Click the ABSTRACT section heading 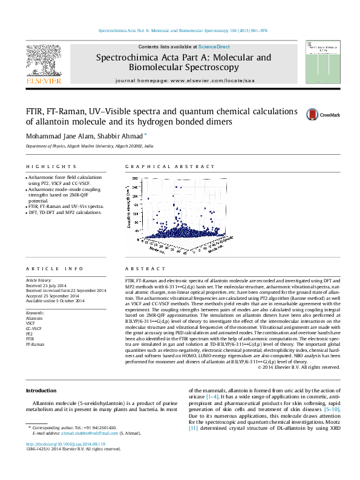pos(145,268)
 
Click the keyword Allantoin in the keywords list pos(34,317)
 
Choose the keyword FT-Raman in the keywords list pos(34,345)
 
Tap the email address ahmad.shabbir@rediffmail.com pos(88,450)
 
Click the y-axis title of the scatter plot pos(129,206)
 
